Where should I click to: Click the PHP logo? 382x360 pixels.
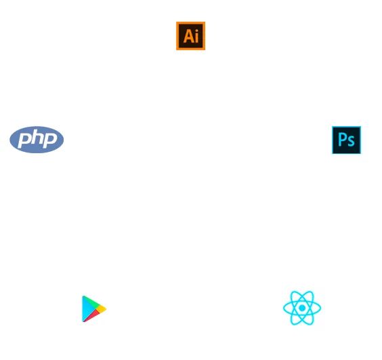(x=37, y=140)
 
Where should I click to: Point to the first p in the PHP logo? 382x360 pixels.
(x=24, y=141)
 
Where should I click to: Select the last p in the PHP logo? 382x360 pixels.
(x=49, y=141)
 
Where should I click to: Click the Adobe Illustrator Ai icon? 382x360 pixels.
(x=191, y=36)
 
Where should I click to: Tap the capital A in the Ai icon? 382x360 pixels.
(x=188, y=36)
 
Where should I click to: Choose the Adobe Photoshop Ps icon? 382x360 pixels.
(x=346, y=140)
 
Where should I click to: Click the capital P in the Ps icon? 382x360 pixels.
(x=342, y=140)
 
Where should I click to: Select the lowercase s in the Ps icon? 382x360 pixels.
(x=351, y=142)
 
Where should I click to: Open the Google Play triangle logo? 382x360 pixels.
(x=94, y=308)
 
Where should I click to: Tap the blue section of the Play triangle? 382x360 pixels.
(x=86, y=308)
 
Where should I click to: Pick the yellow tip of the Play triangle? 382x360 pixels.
(x=102, y=309)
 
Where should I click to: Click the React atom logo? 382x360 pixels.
(x=302, y=308)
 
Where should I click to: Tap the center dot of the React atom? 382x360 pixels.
(x=302, y=308)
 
